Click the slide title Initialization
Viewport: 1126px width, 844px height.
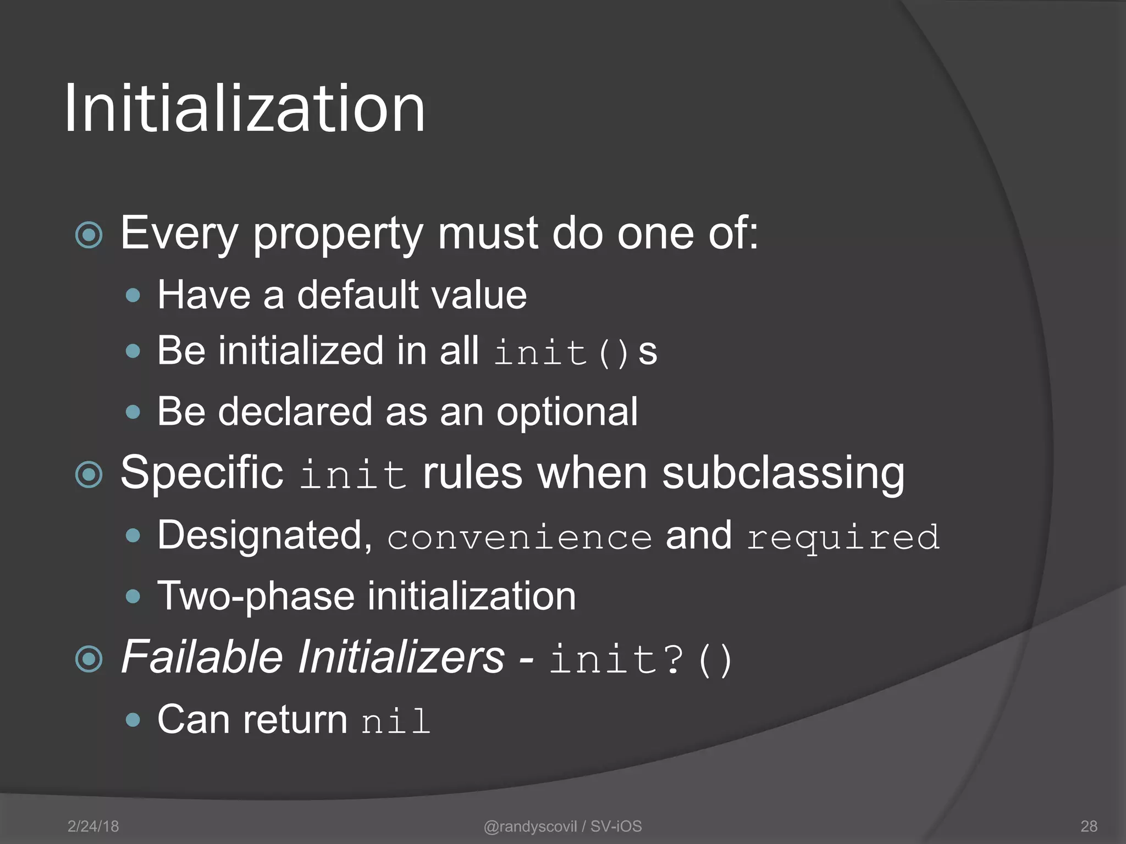pyautogui.click(x=245, y=108)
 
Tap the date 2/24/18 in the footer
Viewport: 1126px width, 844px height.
pyautogui.click(x=93, y=826)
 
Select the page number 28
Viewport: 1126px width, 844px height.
pyautogui.click(x=1089, y=826)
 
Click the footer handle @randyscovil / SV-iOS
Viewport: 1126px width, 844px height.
pyautogui.click(x=562, y=826)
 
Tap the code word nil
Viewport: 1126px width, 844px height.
pyautogui.click(x=396, y=721)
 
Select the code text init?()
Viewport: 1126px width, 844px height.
pyautogui.click(x=641, y=659)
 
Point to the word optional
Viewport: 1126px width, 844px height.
pyautogui.click(x=567, y=412)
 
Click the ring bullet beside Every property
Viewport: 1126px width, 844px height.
pyautogui.click(x=89, y=235)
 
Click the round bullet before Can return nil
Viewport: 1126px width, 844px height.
pyautogui.click(x=133, y=720)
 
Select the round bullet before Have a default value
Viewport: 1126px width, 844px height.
pyautogui.click(x=133, y=296)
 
